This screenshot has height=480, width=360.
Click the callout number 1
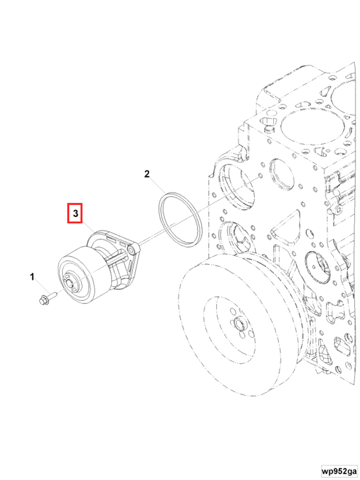(x=32, y=276)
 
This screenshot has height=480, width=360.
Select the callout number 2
(x=147, y=174)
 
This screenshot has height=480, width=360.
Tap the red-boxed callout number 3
(x=75, y=213)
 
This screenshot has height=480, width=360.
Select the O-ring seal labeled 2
(x=180, y=219)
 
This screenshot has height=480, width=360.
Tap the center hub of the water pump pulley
(x=72, y=283)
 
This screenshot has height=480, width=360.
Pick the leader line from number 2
(x=157, y=185)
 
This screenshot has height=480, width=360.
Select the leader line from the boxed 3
(x=88, y=230)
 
